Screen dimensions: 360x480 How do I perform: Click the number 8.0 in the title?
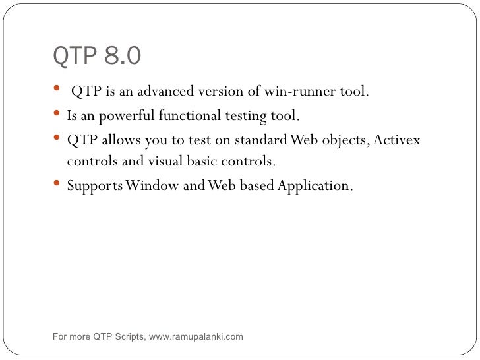coord(121,57)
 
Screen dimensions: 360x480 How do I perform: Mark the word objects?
coord(342,141)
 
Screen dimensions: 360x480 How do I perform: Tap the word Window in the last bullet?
coord(153,187)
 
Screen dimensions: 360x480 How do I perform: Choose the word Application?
coord(315,187)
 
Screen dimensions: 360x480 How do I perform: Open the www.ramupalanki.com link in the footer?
coord(196,337)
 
